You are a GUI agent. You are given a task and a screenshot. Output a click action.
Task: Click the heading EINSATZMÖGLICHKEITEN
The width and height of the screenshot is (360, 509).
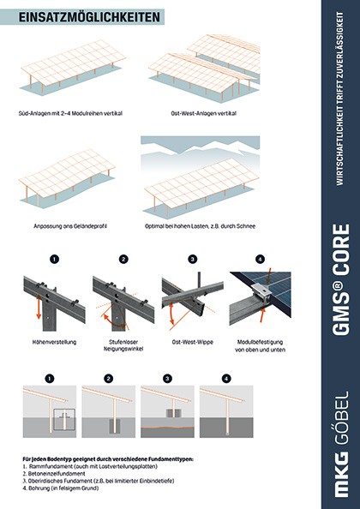89,17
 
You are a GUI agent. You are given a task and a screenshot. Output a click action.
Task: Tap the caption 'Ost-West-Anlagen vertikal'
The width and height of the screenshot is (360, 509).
203,113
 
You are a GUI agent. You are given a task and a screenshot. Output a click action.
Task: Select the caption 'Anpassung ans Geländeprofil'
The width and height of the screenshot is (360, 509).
70,226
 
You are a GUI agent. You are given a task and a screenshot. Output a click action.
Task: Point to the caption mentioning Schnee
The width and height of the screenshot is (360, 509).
200,226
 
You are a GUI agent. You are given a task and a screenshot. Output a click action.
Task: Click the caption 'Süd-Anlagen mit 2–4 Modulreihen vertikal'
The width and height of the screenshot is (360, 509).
70,113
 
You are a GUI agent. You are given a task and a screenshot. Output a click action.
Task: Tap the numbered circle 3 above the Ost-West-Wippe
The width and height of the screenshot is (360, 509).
193,259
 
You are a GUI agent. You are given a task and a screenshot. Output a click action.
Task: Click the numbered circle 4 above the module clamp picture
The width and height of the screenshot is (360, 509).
260,259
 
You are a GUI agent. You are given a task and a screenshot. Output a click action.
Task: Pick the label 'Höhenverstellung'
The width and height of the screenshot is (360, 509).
55,342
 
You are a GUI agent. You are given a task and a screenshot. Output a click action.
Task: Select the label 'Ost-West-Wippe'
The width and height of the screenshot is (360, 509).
193,342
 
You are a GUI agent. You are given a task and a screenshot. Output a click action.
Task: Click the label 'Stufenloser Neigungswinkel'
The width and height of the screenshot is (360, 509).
123,345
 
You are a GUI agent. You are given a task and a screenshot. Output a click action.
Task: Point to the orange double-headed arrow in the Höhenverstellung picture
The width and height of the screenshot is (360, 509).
39,307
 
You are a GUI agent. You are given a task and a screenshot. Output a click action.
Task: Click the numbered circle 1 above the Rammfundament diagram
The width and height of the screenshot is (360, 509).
50,379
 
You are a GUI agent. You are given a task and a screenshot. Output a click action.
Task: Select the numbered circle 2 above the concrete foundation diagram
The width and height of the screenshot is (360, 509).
108,379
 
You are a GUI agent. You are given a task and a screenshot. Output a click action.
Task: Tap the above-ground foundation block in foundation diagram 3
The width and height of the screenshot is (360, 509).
173,413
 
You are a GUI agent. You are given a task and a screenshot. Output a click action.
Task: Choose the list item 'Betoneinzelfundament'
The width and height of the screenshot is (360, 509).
54,474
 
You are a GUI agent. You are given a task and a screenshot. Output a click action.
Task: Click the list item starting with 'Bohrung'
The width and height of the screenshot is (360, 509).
61,488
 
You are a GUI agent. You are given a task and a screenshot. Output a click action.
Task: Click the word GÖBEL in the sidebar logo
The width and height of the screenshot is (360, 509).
340,417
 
